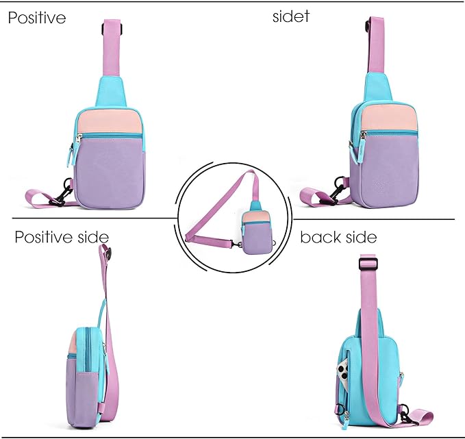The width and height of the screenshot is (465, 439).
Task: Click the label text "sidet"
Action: click(290, 16)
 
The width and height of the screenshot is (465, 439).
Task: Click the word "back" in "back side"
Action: click(320, 237)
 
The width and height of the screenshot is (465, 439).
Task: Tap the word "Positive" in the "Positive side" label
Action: click(44, 237)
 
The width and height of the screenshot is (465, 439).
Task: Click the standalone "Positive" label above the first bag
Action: click(37, 18)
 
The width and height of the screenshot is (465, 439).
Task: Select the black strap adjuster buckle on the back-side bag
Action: click(368, 264)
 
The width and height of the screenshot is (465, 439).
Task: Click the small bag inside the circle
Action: click(255, 229)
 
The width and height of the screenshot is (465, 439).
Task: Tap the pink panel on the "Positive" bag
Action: click(108, 122)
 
